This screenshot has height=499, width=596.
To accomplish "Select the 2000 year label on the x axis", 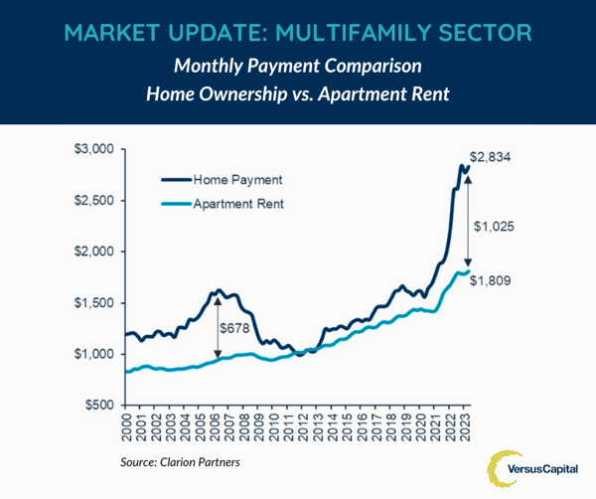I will click(126, 428).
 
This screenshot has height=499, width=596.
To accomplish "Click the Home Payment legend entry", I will click(236, 180).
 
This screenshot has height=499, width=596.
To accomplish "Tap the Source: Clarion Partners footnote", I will click(181, 461).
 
